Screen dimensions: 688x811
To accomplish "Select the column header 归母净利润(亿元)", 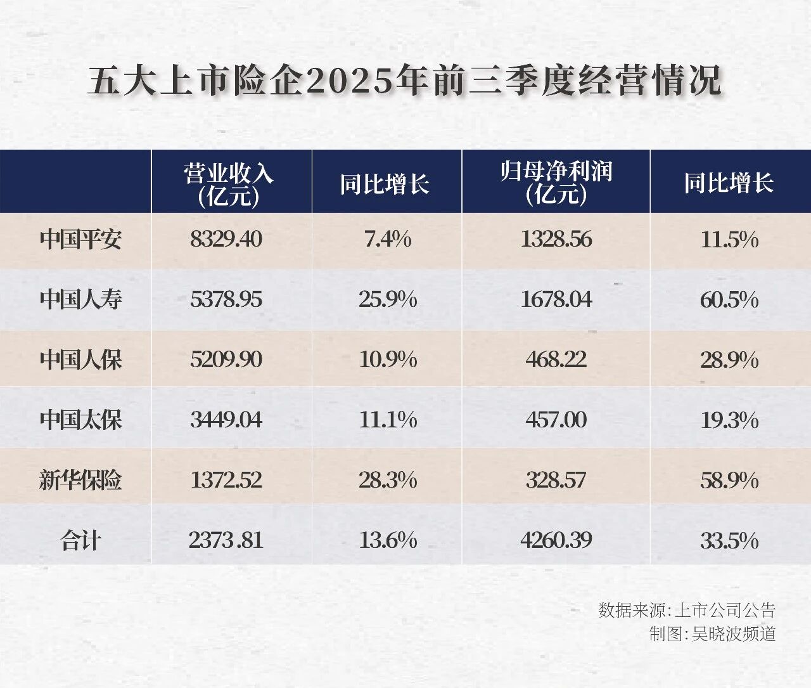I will pyautogui.click(x=556, y=183).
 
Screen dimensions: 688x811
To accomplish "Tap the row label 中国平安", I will pyautogui.click(x=80, y=240).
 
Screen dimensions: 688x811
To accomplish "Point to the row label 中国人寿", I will pyautogui.click(x=80, y=299).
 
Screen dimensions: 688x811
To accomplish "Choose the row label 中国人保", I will pyautogui.click(x=80, y=360).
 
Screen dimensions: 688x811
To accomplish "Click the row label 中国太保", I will pyautogui.click(x=80, y=420).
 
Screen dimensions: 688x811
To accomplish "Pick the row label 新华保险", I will pyautogui.click(x=80, y=480).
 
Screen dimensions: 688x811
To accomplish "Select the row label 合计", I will pyautogui.click(x=80, y=541).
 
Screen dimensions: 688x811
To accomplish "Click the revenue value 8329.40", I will pyautogui.click(x=226, y=240).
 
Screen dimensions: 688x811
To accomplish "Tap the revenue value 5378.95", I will pyautogui.click(x=226, y=299).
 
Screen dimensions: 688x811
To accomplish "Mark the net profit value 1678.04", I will pyautogui.click(x=556, y=299).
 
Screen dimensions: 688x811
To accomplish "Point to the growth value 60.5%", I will pyautogui.click(x=729, y=300).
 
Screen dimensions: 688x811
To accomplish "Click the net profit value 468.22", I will pyautogui.click(x=556, y=360).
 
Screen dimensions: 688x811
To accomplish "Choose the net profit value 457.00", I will pyautogui.click(x=556, y=420).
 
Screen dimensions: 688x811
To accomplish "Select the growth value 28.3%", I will pyautogui.click(x=388, y=480).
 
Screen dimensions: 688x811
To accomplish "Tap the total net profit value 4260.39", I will pyautogui.click(x=556, y=540).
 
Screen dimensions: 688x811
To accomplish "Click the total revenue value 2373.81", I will pyautogui.click(x=226, y=540).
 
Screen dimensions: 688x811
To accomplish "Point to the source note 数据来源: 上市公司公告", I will pyautogui.click(x=687, y=610).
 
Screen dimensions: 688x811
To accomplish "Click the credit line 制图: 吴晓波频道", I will pyautogui.click(x=712, y=633).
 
